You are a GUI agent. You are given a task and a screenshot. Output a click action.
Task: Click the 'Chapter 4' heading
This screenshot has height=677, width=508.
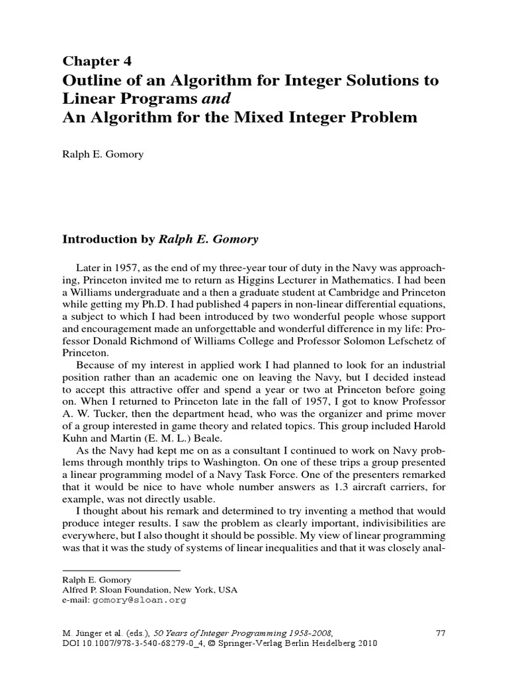97,61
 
